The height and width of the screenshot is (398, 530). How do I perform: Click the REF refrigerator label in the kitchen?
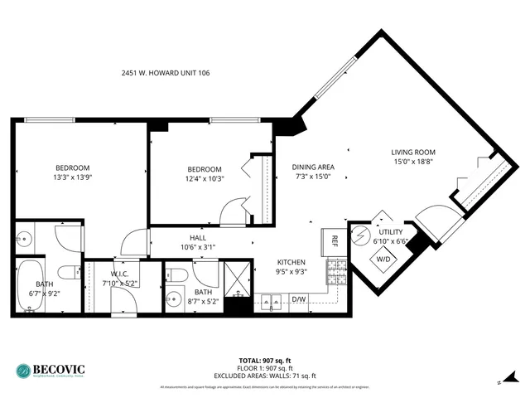pos(335,241)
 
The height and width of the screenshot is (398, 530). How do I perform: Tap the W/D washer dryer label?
pos(385,258)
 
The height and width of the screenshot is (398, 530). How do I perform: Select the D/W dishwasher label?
pos(298,299)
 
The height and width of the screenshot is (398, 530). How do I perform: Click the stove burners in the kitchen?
pos(337,272)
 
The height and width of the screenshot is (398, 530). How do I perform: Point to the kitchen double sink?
pos(271,302)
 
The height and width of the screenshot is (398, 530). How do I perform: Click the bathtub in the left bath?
pos(31,286)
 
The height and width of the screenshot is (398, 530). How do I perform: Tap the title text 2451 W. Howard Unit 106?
pos(166,73)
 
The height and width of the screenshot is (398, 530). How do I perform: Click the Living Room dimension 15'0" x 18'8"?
pos(412,163)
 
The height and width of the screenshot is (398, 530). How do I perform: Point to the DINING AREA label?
pos(312,166)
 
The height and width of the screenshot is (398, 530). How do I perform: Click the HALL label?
pos(197,237)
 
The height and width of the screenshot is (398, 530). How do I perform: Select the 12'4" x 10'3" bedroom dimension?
pos(204,178)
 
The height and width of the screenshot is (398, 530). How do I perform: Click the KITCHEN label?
pos(291,262)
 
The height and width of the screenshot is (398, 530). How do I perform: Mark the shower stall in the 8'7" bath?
pos(238,279)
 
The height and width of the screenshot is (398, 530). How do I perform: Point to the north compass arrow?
pos(499,382)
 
